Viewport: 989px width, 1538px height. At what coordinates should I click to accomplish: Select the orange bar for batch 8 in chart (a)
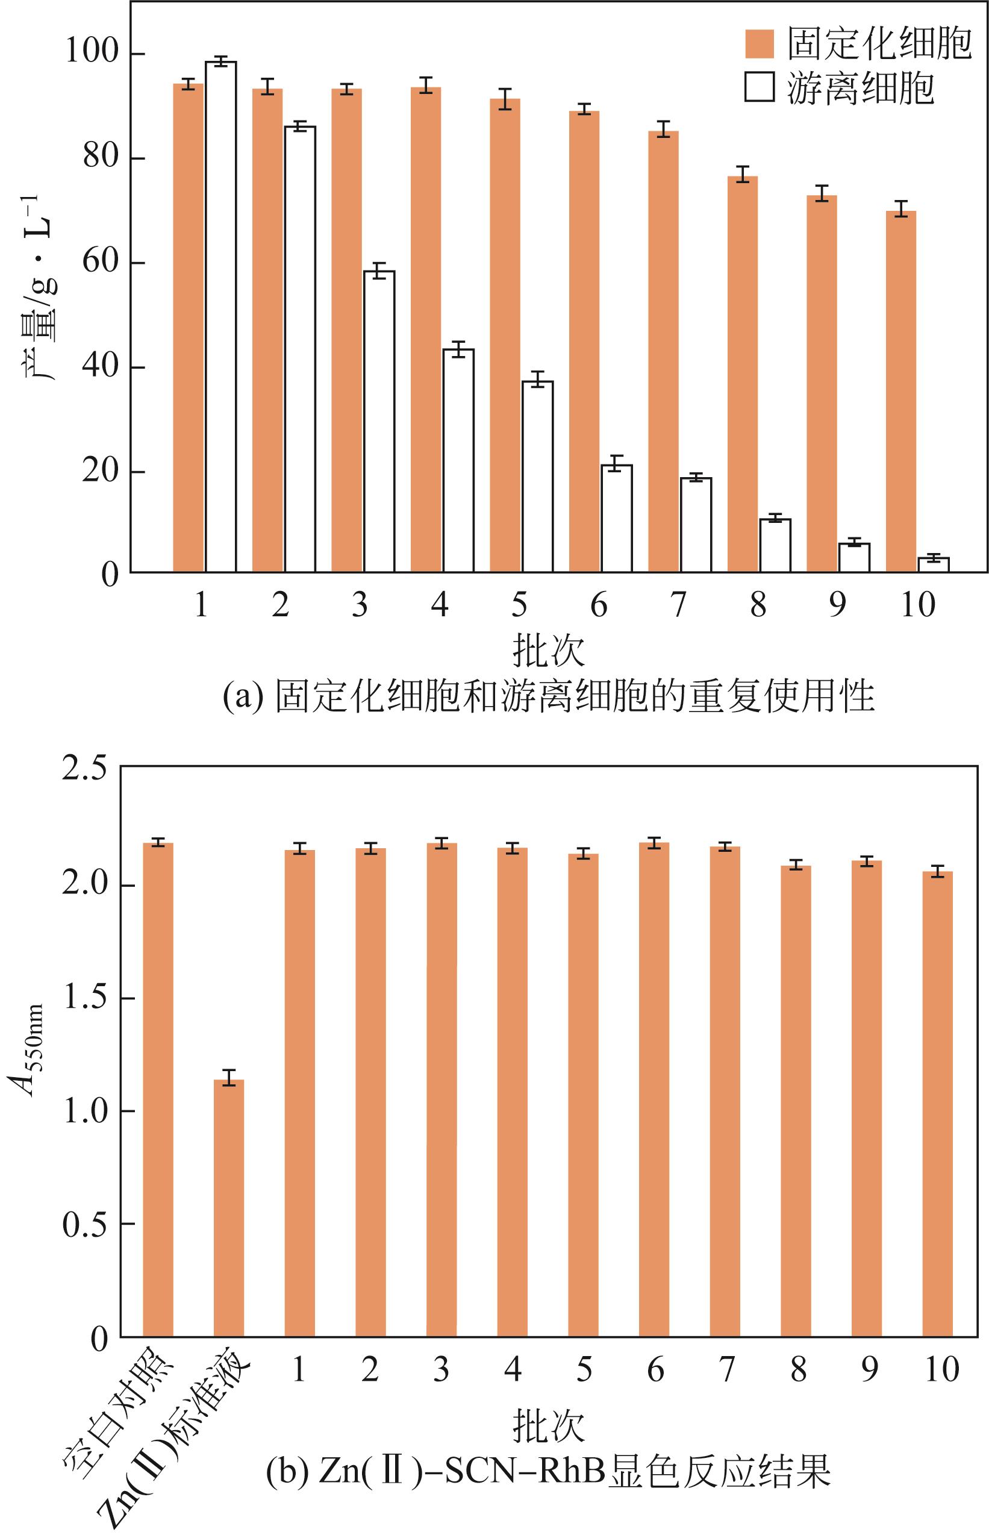(x=743, y=374)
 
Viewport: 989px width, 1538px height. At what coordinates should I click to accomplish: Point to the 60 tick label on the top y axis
(x=101, y=263)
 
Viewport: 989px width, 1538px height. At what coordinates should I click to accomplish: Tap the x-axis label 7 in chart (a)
(x=679, y=605)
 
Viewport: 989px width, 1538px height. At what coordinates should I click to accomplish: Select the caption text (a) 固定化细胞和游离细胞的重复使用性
(x=549, y=697)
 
